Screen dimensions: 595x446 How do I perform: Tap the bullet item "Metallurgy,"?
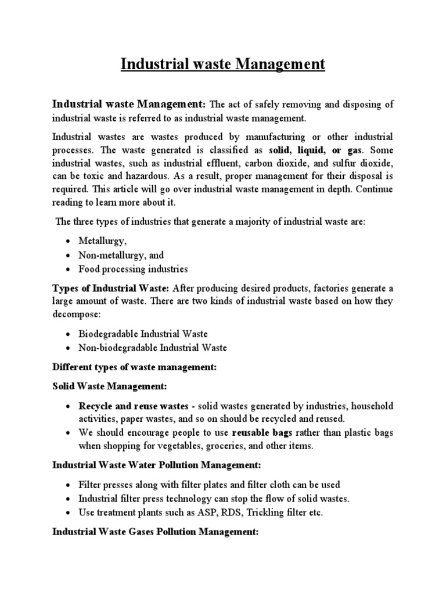[x=102, y=241]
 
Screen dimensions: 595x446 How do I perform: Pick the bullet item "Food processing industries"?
[x=134, y=269]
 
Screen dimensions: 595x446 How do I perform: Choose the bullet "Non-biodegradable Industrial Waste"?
[x=153, y=348]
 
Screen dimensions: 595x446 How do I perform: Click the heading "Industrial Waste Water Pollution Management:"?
[x=157, y=465]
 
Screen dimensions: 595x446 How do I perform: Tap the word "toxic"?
[x=95, y=177]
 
